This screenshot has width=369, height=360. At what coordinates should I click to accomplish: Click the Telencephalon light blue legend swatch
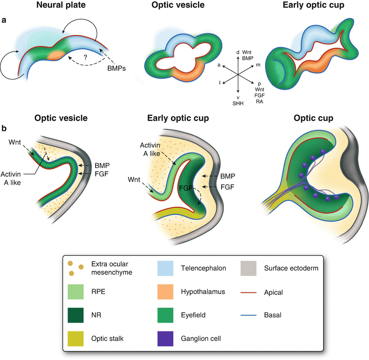click(163, 268)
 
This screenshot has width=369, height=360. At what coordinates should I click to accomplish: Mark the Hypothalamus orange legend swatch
click(163, 292)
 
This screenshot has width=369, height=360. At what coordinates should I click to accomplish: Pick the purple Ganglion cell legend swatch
click(163, 339)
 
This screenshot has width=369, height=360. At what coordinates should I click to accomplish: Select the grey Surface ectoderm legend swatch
click(250, 268)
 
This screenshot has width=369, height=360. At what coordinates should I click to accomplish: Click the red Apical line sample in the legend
click(250, 292)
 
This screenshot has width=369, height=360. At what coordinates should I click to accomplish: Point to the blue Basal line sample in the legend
click(250, 316)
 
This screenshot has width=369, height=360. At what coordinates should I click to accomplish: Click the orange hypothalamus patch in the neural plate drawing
click(57, 55)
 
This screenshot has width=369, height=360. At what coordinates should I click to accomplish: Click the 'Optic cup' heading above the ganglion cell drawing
click(314, 118)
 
